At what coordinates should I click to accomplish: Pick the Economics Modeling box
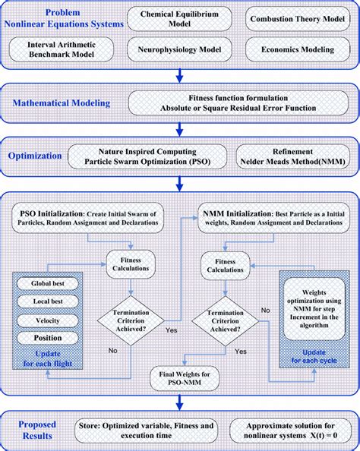pos(296,51)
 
